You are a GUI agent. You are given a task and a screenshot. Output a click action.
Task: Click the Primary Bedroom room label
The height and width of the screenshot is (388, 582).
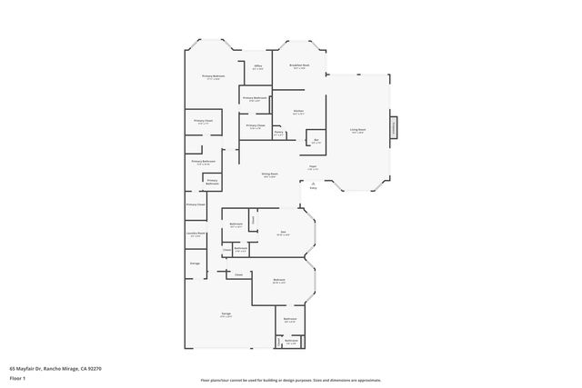tap(213, 78)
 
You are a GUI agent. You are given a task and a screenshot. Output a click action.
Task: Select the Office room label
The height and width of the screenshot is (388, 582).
tap(257, 67)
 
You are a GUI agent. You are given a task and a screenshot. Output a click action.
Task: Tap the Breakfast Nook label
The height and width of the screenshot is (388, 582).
tap(299, 66)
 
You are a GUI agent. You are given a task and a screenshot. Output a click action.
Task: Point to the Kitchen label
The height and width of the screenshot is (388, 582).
tap(298, 113)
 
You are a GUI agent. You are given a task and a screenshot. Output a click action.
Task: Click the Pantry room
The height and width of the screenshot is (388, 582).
tap(279, 133)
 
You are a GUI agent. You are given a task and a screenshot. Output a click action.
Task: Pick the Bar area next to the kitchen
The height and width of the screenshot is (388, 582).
tap(316, 142)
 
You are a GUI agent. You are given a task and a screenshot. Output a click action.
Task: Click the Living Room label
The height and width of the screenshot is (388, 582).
tap(358, 131)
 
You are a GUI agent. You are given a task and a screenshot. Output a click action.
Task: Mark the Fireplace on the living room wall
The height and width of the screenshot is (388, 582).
tap(394, 128)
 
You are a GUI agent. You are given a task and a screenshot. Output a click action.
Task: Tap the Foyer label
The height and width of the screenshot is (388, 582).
tap(312, 168)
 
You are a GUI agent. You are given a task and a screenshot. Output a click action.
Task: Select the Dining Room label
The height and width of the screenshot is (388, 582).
tap(270, 175)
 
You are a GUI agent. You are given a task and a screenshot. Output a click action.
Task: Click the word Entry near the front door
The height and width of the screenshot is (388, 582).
tap(313, 188)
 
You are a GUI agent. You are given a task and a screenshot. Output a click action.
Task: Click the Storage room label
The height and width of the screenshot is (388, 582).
tap(195, 264)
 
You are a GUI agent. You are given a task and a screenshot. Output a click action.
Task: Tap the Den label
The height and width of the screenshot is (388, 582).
tap(282, 233)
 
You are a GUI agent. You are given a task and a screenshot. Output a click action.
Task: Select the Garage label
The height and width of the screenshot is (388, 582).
tap(226, 314)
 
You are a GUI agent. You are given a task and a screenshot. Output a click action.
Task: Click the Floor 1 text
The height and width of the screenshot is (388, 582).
tap(18, 377)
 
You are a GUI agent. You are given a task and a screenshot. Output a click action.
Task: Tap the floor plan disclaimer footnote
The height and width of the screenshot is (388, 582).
tap(291, 380)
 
